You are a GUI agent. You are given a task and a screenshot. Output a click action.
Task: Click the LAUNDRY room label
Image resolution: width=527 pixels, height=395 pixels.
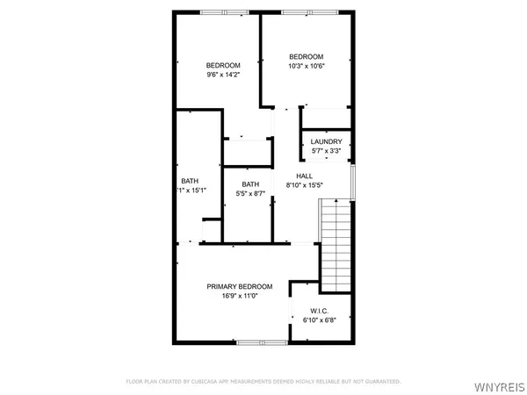coord(327,141)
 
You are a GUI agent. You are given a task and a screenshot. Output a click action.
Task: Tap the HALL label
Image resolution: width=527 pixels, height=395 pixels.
coord(304,176)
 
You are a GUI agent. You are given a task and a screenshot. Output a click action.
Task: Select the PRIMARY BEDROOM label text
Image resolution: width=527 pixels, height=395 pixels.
coord(240,286)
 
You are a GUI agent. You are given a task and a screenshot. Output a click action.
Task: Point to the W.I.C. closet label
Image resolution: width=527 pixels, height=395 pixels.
coord(320,311)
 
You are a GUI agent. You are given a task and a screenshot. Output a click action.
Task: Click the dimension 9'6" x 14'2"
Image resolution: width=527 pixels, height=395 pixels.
coord(223,75)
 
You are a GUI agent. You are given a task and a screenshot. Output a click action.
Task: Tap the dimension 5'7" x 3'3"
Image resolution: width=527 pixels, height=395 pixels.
coord(327,151)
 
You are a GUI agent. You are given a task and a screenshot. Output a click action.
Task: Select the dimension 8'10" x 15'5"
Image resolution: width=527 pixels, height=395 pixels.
coord(305,185)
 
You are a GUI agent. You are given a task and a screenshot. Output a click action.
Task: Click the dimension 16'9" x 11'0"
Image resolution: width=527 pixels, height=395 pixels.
coord(239,296)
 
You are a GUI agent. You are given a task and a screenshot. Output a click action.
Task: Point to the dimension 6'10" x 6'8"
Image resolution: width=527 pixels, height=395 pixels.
coord(320,320)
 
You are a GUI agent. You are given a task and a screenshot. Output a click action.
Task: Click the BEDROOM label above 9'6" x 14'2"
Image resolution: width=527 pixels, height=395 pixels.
coord(223,65)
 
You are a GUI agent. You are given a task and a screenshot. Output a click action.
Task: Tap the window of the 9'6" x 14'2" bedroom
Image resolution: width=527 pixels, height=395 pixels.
coord(223,12)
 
